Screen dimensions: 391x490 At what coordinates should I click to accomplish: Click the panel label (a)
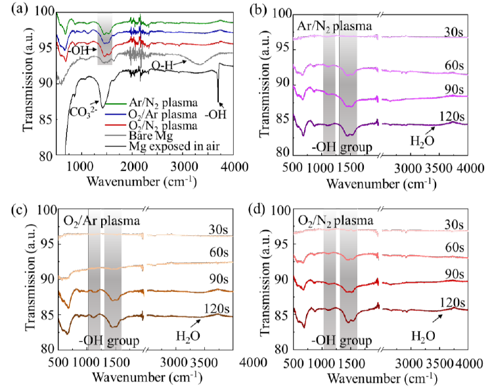(x=11, y=9)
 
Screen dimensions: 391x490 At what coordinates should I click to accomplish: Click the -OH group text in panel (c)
(x=108, y=340)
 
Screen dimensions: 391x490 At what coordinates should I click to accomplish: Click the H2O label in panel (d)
(x=422, y=336)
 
